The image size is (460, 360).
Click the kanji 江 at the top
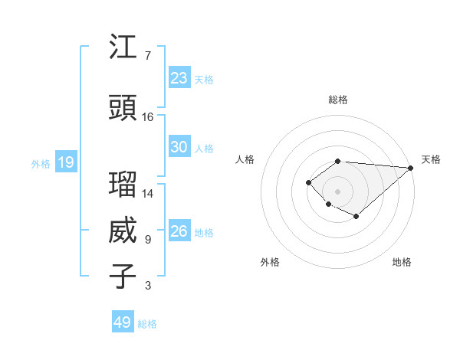123,48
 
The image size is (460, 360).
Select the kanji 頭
123,109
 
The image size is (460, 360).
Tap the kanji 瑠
123,185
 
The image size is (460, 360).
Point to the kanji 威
123,231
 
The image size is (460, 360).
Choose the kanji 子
123,277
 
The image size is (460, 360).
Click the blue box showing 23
179,78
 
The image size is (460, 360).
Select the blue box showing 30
179,147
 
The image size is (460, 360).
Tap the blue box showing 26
179,231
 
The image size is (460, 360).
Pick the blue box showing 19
65,162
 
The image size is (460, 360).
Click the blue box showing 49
123,322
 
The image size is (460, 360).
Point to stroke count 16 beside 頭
148,117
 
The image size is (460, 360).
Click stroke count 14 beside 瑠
148,194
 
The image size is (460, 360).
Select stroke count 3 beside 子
148,286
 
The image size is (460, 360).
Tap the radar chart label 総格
337,100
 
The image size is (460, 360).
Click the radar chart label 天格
431,159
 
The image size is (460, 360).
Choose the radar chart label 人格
245,159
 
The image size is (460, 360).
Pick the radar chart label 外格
270,262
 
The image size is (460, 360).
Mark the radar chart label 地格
402,262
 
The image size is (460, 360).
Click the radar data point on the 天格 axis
411,168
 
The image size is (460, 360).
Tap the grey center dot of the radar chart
337,191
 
